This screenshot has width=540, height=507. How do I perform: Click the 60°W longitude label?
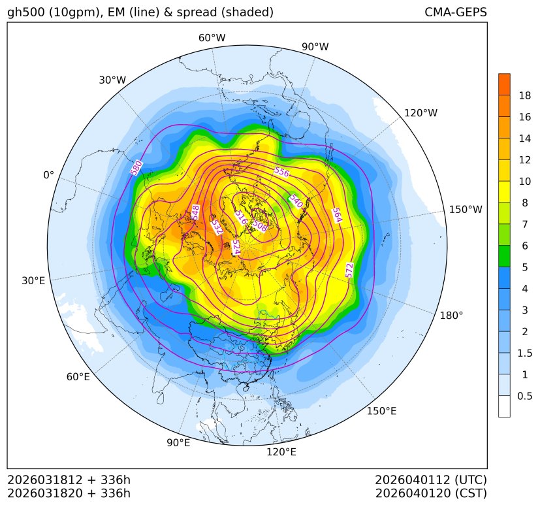click(212, 38)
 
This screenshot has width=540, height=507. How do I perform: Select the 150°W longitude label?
click(466, 210)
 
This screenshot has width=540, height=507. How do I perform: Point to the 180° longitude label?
click(451, 315)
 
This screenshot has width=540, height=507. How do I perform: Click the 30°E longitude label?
click(33, 281)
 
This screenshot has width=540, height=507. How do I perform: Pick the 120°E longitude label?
click(281, 451)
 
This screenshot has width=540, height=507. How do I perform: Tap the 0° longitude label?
click(48, 175)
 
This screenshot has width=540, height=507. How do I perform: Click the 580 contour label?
click(136, 168)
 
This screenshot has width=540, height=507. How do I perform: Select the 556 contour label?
click(281, 172)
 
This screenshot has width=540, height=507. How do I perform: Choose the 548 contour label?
click(195, 212)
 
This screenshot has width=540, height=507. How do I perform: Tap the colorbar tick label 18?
click(524, 95)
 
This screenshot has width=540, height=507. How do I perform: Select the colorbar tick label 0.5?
click(524, 396)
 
